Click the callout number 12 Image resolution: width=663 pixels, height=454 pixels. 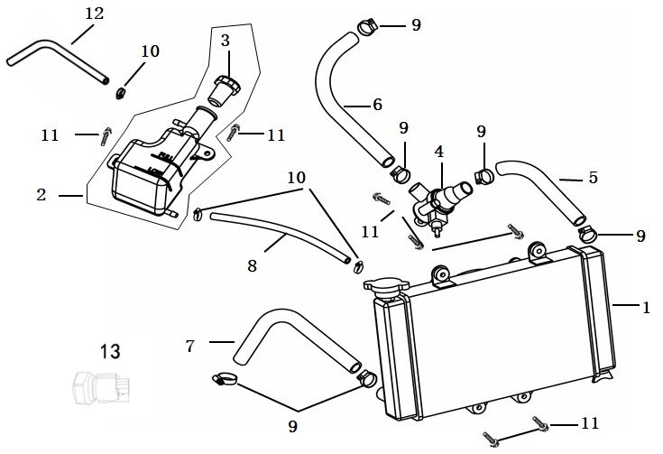click(94, 14)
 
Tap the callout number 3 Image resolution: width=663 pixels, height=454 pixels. click(226, 41)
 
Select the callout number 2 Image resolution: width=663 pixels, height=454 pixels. click(41, 194)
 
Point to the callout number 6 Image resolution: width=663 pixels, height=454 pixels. click(377, 105)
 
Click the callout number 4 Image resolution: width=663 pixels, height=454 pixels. click(439, 152)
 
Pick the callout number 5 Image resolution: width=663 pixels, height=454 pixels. click(593, 178)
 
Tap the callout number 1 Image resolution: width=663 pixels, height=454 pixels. click(645, 307)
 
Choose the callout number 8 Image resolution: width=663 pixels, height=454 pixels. click(252, 266)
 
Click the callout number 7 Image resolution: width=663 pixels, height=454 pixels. click(190, 345)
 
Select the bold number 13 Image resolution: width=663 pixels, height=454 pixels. click(110, 351)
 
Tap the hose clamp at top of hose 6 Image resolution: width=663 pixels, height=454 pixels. click(365, 25)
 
